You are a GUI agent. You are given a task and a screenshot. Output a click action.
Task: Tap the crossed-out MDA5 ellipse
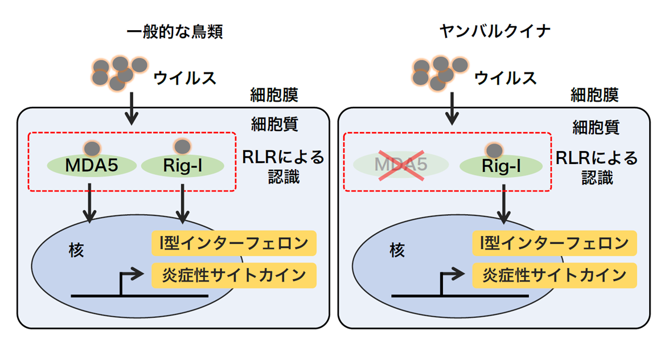[401, 165]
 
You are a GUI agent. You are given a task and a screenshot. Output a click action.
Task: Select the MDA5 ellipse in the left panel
[91, 166]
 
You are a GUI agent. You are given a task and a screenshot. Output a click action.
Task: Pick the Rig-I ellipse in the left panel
[182, 166]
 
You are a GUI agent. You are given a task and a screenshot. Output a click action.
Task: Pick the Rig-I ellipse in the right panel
[501, 166]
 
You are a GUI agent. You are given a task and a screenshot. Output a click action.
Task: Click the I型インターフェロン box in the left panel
[234, 244]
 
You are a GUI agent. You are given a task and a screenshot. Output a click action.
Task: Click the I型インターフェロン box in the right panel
[555, 244]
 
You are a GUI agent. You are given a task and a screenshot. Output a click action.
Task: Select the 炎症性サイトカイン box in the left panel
[234, 275]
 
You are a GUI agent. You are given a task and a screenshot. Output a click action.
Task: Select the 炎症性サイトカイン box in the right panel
[555, 275]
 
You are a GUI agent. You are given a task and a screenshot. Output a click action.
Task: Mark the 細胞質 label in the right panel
[596, 126]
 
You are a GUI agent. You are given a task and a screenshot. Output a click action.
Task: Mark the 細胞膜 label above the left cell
[274, 95]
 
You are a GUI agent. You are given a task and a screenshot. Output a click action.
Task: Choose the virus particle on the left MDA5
[92, 149]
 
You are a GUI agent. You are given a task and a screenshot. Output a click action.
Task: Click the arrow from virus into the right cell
[452, 108]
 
